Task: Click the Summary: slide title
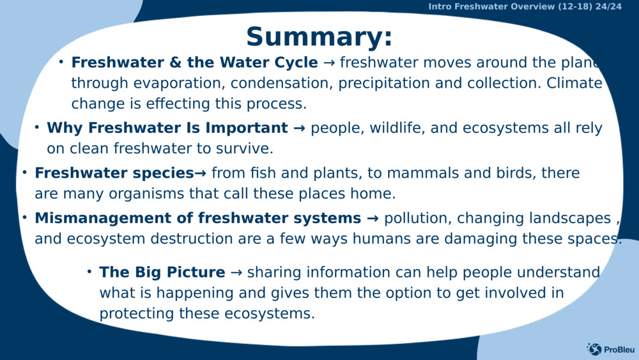coord(319,36)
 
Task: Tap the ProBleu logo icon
coord(594,348)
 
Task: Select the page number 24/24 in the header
coord(608,6)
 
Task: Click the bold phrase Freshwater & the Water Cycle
coord(194,63)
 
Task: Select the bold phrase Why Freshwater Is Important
coord(167,128)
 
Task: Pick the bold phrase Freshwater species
coord(114,173)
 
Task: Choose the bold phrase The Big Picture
coord(162,272)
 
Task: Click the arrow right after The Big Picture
coord(236,272)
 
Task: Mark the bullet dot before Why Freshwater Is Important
coord(37,127)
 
